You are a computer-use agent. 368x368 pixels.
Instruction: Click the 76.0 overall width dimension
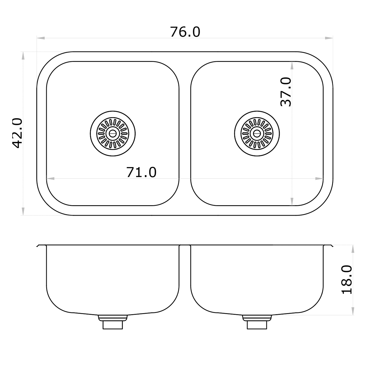[185, 32]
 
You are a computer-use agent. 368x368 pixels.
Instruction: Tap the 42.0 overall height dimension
[17, 133]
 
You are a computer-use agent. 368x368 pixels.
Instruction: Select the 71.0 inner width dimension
[141, 172]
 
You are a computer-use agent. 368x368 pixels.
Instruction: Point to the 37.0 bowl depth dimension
[286, 92]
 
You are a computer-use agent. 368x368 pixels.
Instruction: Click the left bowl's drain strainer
[113, 133]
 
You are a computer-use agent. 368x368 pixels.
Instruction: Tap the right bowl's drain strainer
[257, 133]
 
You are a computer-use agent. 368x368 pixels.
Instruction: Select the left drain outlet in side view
[113, 322]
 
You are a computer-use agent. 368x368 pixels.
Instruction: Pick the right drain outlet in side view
[257, 322]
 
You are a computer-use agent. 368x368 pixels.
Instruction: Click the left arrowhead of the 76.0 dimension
[40, 38]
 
